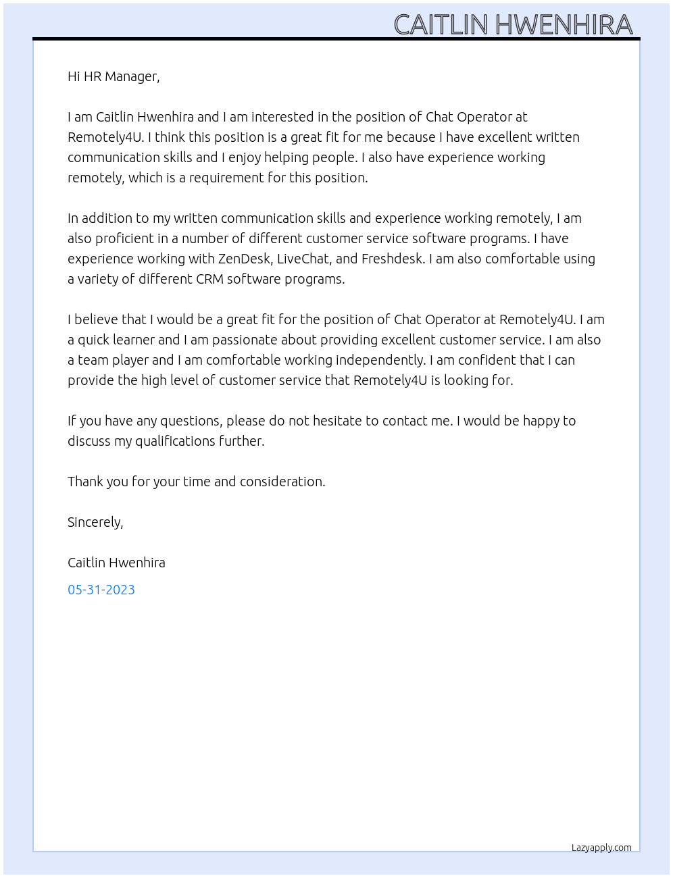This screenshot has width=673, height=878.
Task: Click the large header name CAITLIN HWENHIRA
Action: [513, 24]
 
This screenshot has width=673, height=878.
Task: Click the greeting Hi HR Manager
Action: [114, 76]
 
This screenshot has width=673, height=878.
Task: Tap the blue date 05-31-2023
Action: [101, 590]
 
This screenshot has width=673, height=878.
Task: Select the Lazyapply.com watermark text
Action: [601, 848]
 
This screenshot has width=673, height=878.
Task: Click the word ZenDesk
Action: [245, 259]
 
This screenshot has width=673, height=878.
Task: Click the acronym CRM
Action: [209, 279]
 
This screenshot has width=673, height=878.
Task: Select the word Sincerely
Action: [95, 522]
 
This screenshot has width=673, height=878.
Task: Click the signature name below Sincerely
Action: [116, 563]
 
